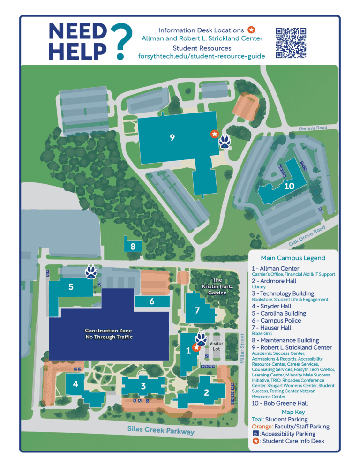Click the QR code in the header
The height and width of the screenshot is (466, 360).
pyautogui.click(x=291, y=43)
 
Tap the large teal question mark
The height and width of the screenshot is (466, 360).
pyautogui.click(x=121, y=41)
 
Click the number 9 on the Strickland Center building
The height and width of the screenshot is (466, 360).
pyautogui.click(x=172, y=137)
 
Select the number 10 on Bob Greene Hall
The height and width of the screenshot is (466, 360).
pyautogui.click(x=289, y=186)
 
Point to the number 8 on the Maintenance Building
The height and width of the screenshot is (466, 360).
pyautogui.click(x=133, y=246)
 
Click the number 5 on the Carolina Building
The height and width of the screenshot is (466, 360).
pyautogui.click(x=71, y=287)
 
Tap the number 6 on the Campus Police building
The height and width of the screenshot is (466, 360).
pyautogui.click(x=152, y=301)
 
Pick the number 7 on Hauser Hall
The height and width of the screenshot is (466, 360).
pyautogui.click(x=197, y=310)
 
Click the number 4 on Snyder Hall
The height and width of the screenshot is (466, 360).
pyautogui.click(x=75, y=384)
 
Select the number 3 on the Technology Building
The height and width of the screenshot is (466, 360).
pyautogui.click(x=143, y=386)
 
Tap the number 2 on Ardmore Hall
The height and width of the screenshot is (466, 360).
pyautogui.click(x=206, y=393)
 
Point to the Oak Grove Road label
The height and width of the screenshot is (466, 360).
pyautogui.click(x=307, y=236)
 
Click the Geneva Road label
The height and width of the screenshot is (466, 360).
pyautogui.click(x=312, y=128)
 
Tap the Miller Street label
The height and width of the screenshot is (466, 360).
pyautogui.click(x=242, y=348)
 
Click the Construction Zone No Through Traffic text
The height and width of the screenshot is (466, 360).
pyautogui.click(x=108, y=334)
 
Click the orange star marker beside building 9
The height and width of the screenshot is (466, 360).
pyautogui.click(x=215, y=134)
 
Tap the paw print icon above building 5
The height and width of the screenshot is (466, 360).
pyautogui.click(x=91, y=271)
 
